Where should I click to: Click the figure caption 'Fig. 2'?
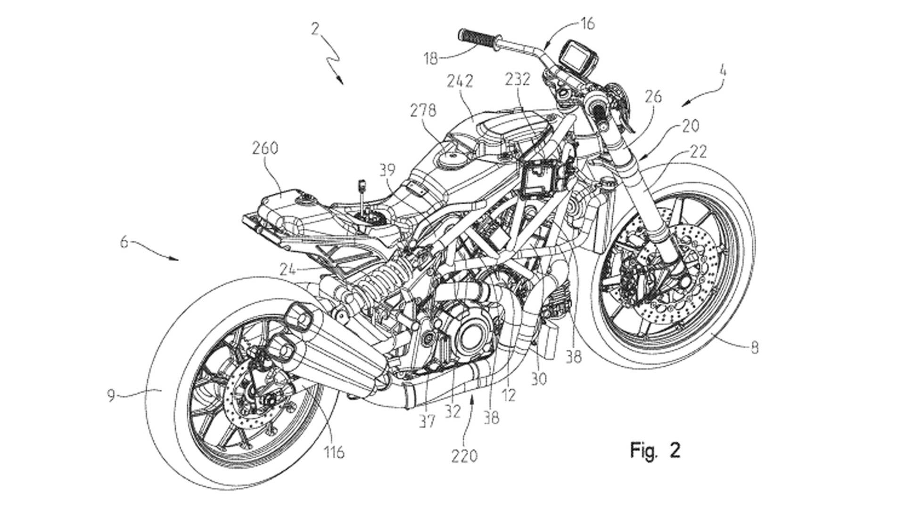pyautogui.click(x=655, y=451)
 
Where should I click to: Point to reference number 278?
pyautogui.click(x=423, y=110)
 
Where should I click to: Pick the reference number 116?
pyautogui.click(x=334, y=452)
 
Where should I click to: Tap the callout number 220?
pyautogui.click(x=465, y=455)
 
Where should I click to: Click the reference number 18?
pyautogui.click(x=430, y=58)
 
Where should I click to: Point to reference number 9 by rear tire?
pyautogui.click(x=111, y=395)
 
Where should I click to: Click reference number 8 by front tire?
pyautogui.click(x=754, y=348)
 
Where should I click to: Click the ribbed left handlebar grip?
pyautogui.click(x=477, y=38)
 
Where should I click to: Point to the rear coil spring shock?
pyautogui.click(x=377, y=283)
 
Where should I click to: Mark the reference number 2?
pyautogui.click(x=315, y=30)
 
